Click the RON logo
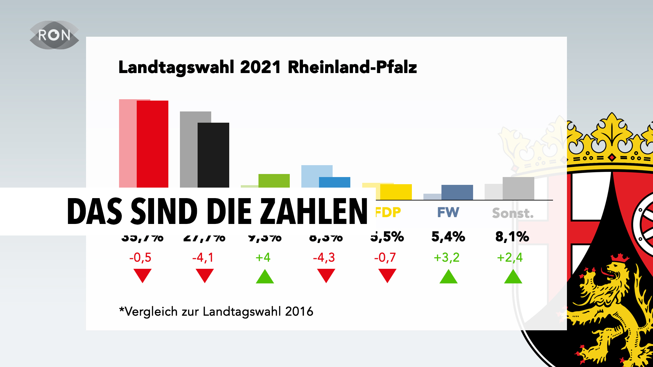54,35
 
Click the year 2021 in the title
260,67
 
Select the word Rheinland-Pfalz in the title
352,67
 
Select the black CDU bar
214,155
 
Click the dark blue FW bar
457,192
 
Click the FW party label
448,213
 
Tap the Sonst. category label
513,213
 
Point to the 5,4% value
448,237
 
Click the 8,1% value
512,237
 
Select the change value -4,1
203,258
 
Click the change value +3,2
447,258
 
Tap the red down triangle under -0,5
143,275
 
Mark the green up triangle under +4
265,277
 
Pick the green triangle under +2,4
513,277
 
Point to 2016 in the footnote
299,312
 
